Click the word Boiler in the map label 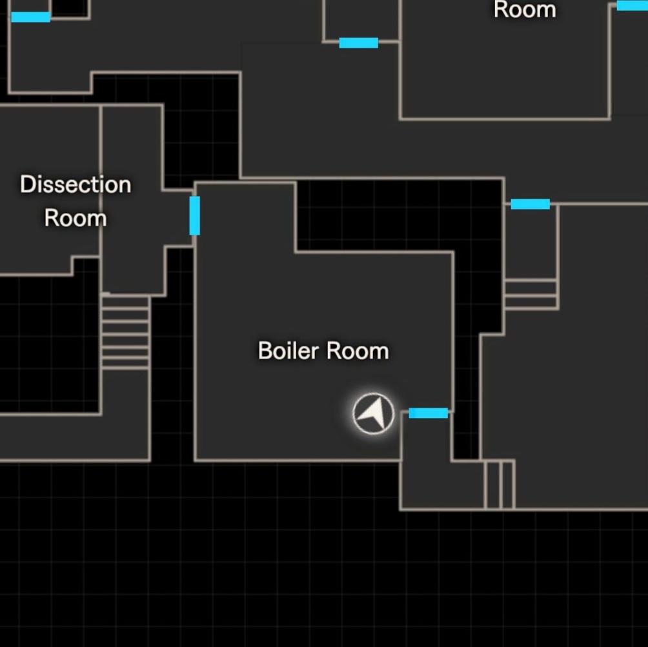[x=289, y=351]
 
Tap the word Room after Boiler [x=358, y=351]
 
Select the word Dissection [x=76, y=184]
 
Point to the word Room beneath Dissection [x=76, y=218]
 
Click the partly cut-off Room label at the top [x=525, y=9]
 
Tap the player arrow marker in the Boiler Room [x=374, y=413]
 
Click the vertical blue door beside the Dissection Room [x=195, y=215]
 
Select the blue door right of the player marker [x=429, y=413]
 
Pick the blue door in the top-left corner [x=30, y=17]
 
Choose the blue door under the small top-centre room [x=359, y=43]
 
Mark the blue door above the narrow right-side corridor [x=531, y=204]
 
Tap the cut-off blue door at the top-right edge [x=633, y=5]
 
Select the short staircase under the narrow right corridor [x=531, y=294]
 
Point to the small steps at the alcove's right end [x=499, y=484]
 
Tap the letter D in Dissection [x=27, y=184]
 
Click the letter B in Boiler [x=265, y=351]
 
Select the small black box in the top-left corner [x=70, y=8]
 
